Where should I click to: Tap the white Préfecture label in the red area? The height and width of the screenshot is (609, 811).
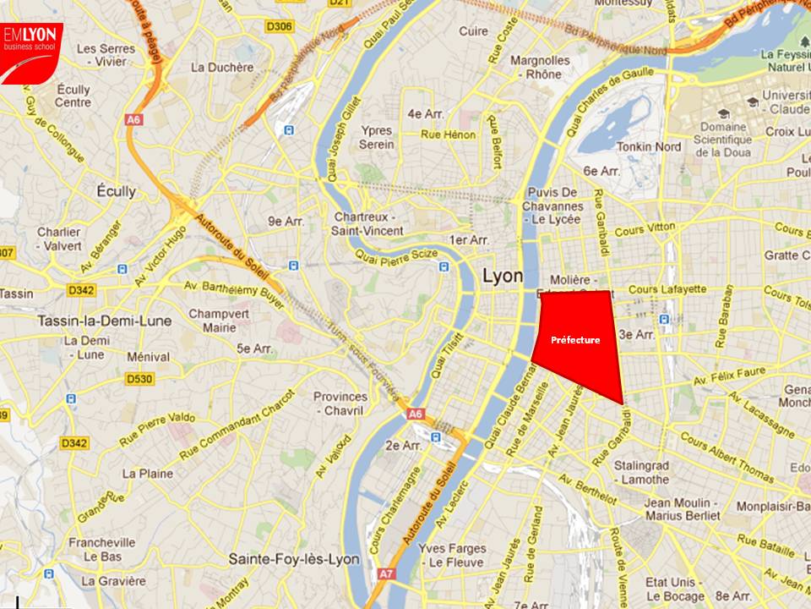pyautogui.click(x=575, y=340)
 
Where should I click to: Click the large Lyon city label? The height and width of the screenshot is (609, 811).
pyautogui.click(x=502, y=277)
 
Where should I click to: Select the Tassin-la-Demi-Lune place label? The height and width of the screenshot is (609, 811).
pyautogui.click(x=105, y=321)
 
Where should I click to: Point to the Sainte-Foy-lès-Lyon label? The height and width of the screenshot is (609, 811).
pyautogui.click(x=294, y=559)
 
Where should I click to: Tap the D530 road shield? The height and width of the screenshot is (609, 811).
pyautogui.click(x=139, y=379)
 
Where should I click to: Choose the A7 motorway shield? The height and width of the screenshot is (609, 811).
pyautogui.click(x=386, y=573)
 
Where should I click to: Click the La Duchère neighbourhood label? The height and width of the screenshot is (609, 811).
pyautogui.click(x=223, y=67)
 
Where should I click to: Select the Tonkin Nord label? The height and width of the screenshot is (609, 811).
pyautogui.click(x=650, y=146)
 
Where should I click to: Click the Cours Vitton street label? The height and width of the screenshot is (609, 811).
pyautogui.click(x=645, y=228)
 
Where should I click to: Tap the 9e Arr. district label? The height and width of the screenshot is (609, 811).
pyautogui.click(x=286, y=222)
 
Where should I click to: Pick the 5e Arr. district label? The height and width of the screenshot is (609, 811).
pyautogui.click(x=254, y=348)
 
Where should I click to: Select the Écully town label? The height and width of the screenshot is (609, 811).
pyautogui.click(x=116, y=191)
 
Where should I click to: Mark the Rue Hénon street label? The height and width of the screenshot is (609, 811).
pyautogui.click(x=449, y=134)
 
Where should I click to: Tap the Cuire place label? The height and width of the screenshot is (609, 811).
pyautogui.click(x=473, y=31)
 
